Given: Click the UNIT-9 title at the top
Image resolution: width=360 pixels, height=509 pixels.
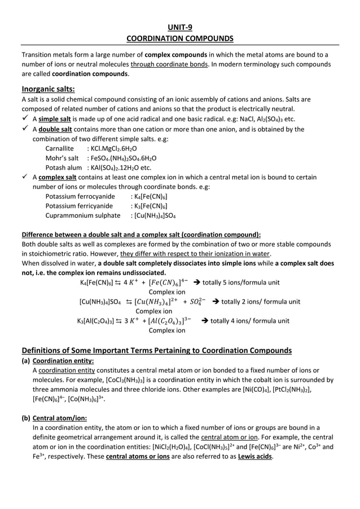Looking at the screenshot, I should coord(180,27).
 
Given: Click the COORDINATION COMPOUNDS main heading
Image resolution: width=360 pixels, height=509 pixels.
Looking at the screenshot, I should coord(179,38).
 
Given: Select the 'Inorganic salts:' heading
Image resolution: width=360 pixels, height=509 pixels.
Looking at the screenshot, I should coord(48,89).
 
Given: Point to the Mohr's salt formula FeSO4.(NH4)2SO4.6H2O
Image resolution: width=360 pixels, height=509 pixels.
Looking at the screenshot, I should coord(122,158).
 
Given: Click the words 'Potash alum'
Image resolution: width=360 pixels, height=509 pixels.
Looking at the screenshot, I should coord(64,168).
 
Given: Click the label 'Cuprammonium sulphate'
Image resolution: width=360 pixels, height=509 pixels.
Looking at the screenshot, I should coord(83,216).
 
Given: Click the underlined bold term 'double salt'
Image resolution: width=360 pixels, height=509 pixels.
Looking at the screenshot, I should coord(56,129).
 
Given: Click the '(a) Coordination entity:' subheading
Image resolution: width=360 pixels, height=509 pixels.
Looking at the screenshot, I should coord(58,361).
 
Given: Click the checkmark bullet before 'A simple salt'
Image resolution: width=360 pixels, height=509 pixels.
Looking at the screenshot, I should coord(25,119).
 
